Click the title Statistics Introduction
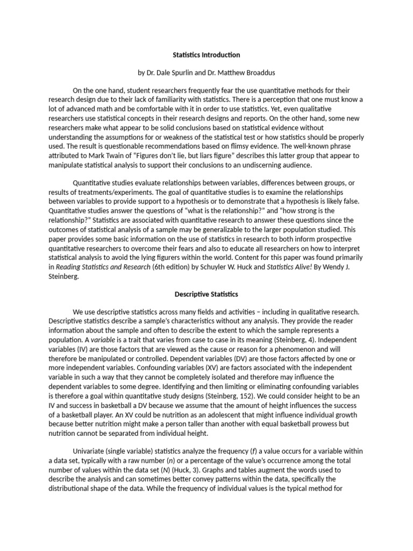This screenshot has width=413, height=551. point(206,55)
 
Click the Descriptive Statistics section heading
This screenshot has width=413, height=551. point(206,294)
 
